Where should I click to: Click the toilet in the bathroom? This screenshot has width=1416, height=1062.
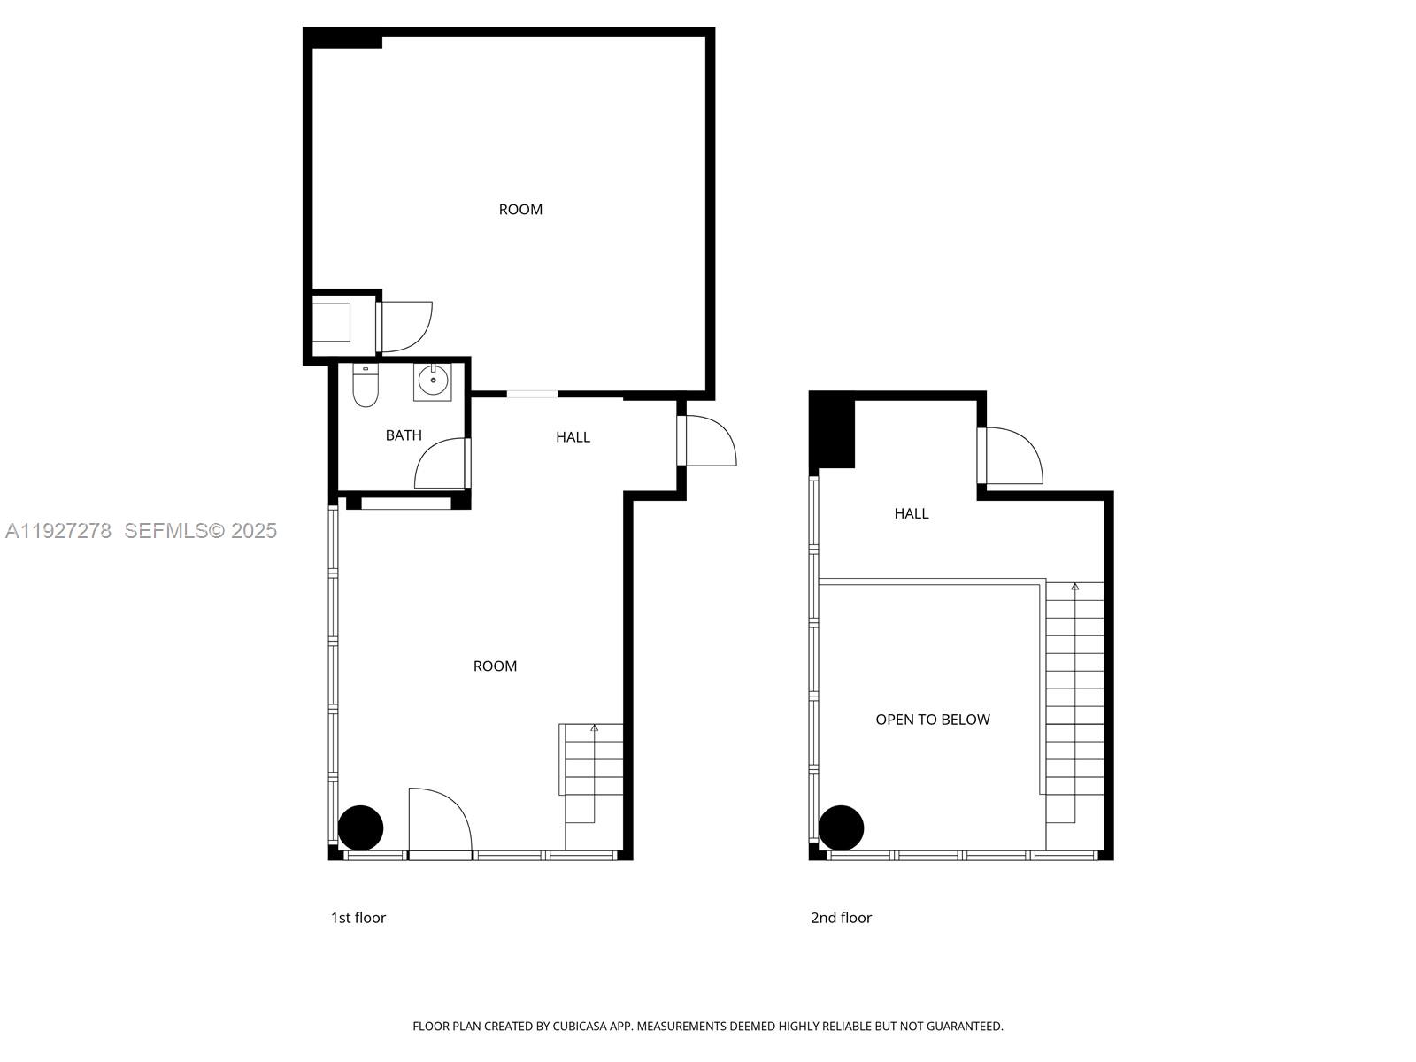coord(366,386)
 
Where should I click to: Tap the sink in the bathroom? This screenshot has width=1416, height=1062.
coord(433,381)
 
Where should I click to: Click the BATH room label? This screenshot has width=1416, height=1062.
coord(404,435)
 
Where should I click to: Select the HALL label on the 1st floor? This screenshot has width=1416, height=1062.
coord(573,437)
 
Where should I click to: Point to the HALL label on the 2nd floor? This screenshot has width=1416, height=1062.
coord(911,513)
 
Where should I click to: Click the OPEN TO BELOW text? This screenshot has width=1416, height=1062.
coord(932,720)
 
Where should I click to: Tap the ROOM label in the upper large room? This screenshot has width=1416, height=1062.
coord(520,210)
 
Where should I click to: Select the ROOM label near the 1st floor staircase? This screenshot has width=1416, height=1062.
coord(495,666)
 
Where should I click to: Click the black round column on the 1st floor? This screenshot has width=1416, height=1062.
coord(361,828)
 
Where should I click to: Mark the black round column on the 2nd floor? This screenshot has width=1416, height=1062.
coord(841,827)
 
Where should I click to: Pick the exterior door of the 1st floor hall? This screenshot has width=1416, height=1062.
coord(708,440)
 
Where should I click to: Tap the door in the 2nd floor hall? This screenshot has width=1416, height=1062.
coord(1012,456)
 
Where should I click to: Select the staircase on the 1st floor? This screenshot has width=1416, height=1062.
coord(593,779)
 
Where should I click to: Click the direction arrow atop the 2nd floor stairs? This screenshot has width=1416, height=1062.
coord(1074,587)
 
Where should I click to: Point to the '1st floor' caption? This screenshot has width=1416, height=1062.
coord(358,918)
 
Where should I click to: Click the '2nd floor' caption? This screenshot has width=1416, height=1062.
coord(841,918)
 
